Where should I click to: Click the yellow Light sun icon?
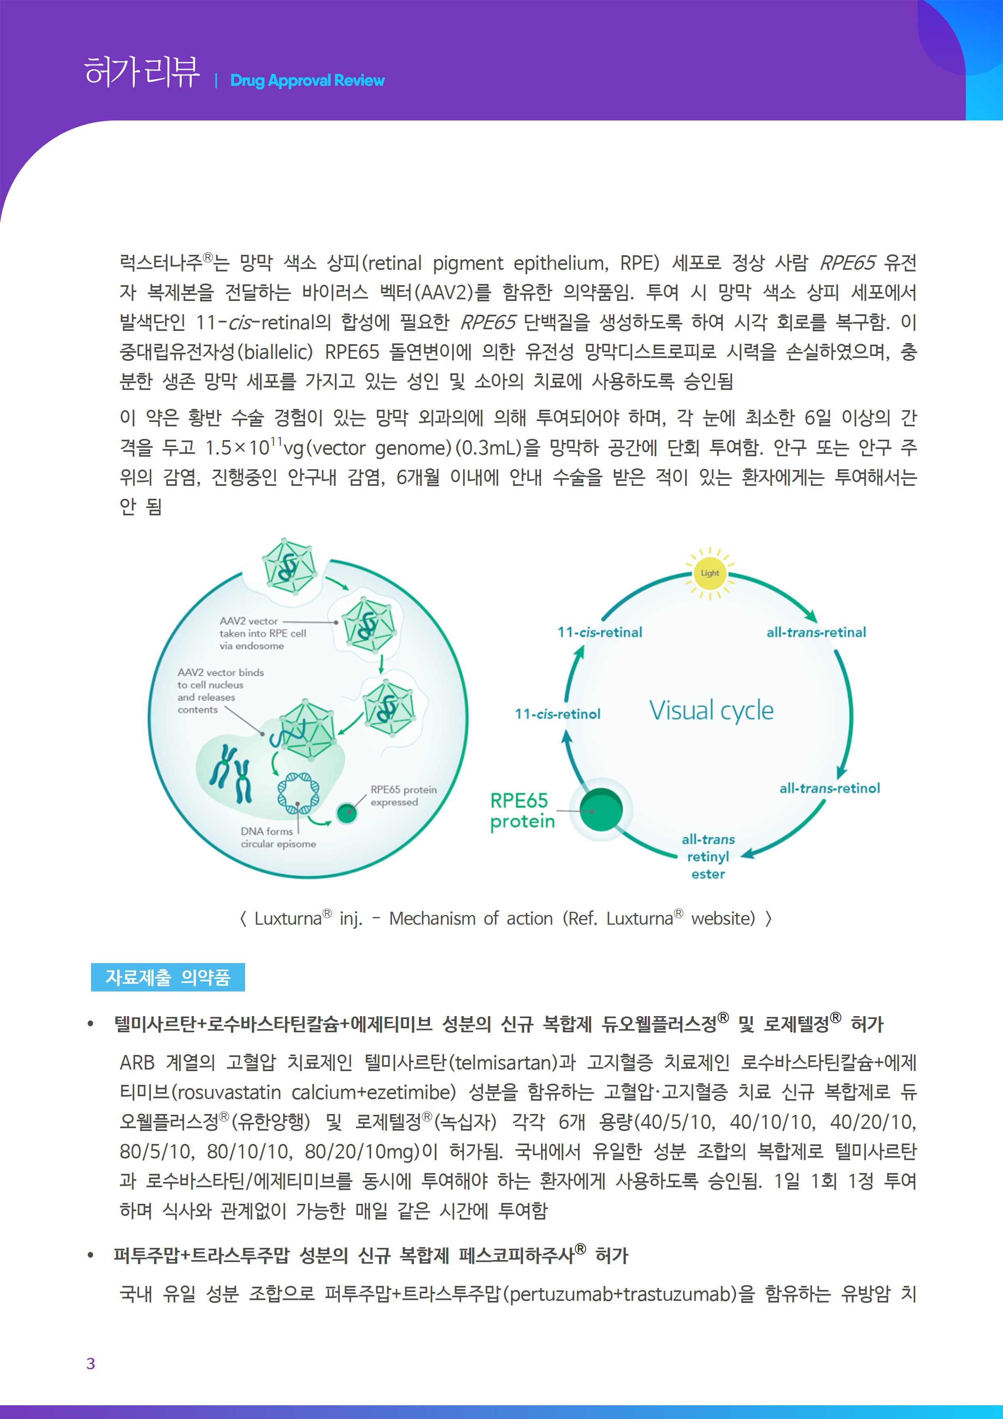[709, 573]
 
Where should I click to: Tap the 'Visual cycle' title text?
[711, 711]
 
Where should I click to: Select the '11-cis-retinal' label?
[599, 632]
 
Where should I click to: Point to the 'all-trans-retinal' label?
[816, 632]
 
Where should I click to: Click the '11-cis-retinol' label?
[557, 714]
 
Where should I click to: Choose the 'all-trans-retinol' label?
[829, 788]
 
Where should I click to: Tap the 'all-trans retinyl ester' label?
[708, 857]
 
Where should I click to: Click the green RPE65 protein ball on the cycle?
[601, 810]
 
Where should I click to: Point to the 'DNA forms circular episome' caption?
[278, 837]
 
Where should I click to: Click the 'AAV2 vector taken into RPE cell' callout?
[262, 633]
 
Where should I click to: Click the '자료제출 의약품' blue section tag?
[167, 977]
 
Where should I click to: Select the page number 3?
[91, 1363]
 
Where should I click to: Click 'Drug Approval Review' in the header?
[307, 80]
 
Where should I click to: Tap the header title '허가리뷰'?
[142, 72]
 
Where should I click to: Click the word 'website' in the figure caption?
[722, 918]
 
